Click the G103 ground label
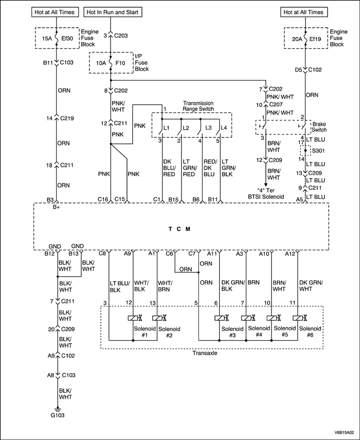[57, 414]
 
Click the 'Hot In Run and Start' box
[113, 12]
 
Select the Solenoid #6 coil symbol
[297, 318]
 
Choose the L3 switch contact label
[208, 126]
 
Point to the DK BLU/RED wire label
[169, 168]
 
